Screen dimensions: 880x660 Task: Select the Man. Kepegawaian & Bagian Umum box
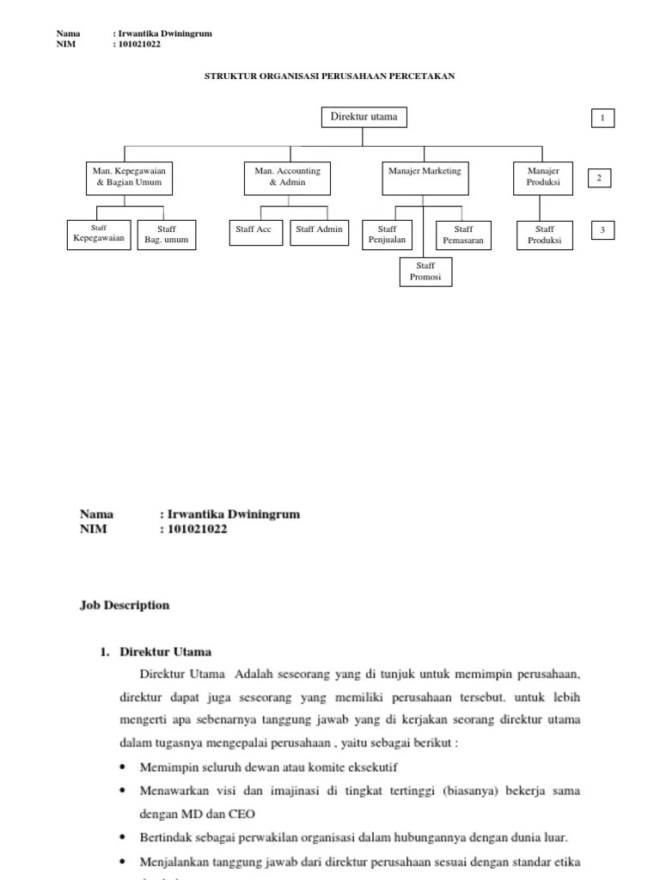128,178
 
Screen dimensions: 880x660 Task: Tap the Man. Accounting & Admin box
287,178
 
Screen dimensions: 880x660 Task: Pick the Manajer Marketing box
425,178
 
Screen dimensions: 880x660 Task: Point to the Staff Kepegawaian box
99,235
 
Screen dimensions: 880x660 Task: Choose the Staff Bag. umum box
166,235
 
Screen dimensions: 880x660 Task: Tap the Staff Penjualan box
387,235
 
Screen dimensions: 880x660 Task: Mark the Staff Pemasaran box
463,235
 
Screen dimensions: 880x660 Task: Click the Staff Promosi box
425,272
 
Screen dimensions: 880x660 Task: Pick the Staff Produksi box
544,235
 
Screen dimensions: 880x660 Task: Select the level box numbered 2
599,178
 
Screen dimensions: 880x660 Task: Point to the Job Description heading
125,605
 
